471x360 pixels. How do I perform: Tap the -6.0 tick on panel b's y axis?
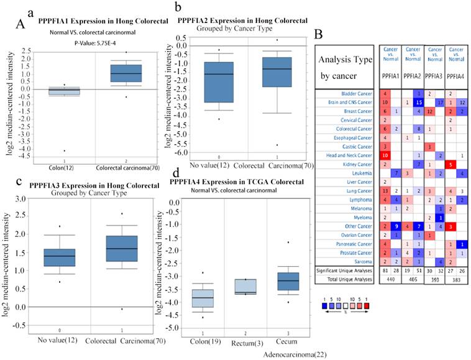coord(183,153)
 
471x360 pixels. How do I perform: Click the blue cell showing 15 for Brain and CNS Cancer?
coord(419,102)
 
